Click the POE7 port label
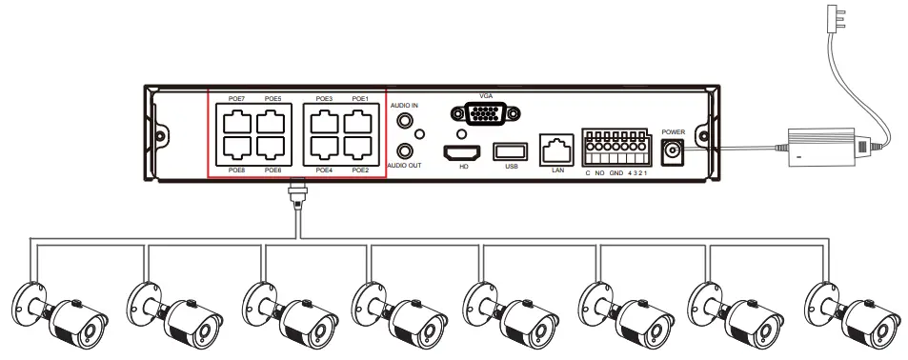pos(237,99)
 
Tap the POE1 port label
pos(359,99)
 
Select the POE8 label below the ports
pos(237,170)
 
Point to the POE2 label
pos(359,170)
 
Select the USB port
pos(510,150)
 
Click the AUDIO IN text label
pos(406,104)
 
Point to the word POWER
pos(674,131)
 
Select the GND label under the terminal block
pos(615,172)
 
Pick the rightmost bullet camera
pos(854,315)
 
